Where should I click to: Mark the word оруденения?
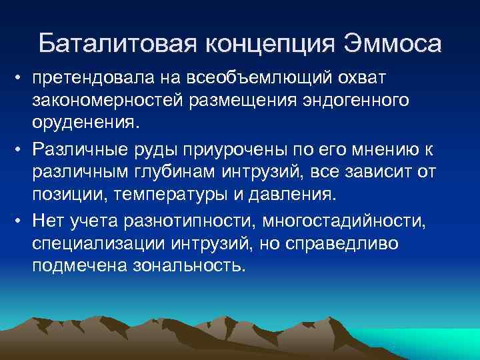pos(77,124)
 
